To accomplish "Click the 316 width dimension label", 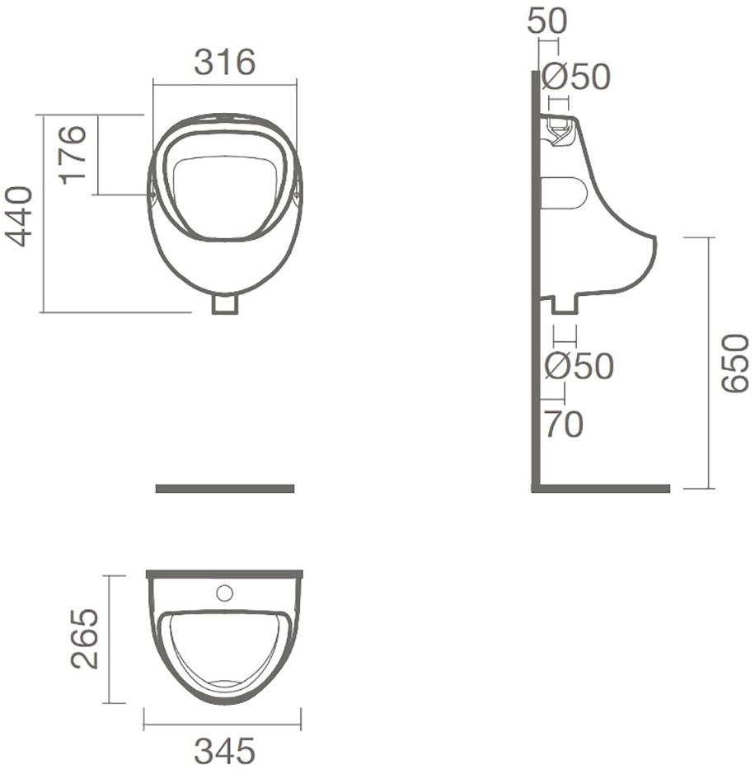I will (224, 63).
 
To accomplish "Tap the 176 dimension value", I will (73, 154).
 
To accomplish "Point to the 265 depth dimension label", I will (84, 639).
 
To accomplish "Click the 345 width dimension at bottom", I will (224, 751).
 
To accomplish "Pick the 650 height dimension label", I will (734, 364).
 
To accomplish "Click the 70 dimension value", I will (564, 424).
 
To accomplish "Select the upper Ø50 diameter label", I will (576, 77).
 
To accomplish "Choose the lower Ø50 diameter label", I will (579, 366).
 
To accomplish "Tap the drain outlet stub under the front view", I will (224, 304).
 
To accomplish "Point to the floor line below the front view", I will (224, 489).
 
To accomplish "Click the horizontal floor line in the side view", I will (602, 488).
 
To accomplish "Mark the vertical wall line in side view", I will (535, 280).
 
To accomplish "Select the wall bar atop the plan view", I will (224, 574).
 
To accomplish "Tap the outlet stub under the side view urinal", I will (565, 305).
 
